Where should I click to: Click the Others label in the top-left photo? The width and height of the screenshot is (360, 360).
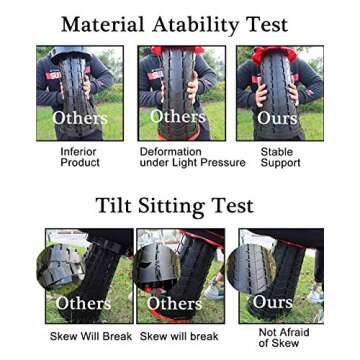[80, 118]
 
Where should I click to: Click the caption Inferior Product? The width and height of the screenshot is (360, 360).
[79, 156]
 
